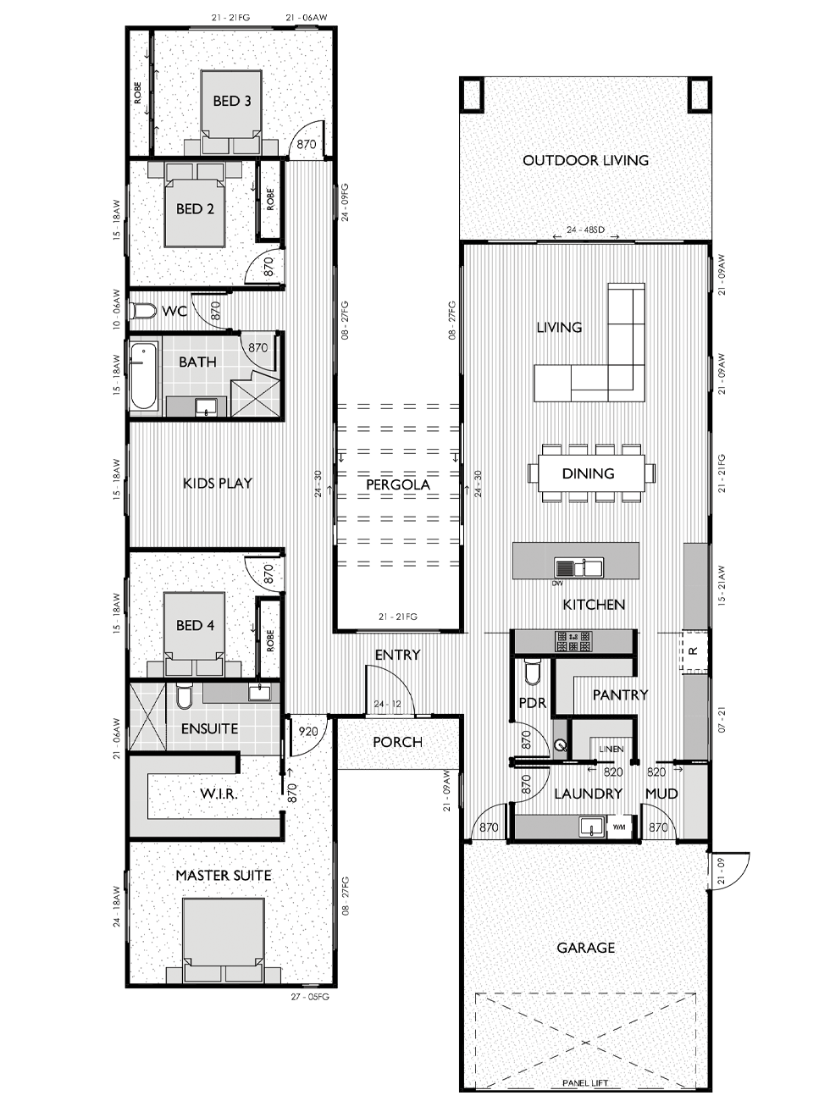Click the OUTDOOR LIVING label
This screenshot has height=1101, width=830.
click(585, 161)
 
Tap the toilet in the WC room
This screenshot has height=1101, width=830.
click(142, 312)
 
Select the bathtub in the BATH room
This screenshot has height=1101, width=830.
click(143, 376)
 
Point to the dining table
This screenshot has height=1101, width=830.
click(591, 473)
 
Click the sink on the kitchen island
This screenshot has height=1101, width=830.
click(578, 568)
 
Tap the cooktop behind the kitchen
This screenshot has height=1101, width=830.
click(573, 641)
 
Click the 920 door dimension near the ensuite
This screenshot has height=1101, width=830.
click(308, 732)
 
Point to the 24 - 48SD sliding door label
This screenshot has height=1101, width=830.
click(585, 230)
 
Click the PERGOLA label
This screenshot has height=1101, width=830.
click(398, 484)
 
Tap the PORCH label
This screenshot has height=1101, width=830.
click(398, 742)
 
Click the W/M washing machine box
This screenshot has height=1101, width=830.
click(619, 827)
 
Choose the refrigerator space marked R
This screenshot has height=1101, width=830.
click(694, 650)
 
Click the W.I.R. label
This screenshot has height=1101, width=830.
click(219, 794)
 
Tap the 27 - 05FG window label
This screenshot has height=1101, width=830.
click(310, 997)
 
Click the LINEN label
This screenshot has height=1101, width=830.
click(611, 749)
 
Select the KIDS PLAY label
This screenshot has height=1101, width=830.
click(217, 483)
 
